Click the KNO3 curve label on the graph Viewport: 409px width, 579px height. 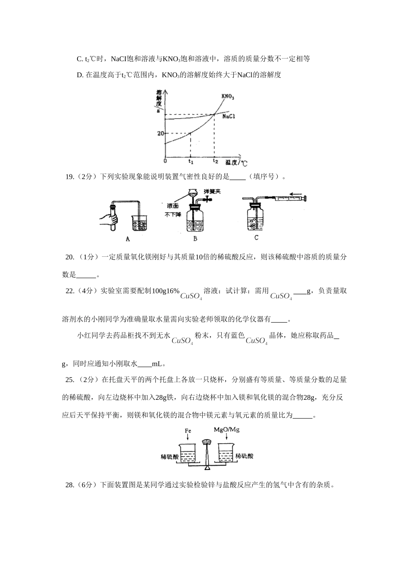[228, 96]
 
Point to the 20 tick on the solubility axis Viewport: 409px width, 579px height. [160, 134]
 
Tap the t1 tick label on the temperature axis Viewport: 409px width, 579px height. [191, 162]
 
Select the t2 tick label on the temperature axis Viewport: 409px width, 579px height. [215, 161]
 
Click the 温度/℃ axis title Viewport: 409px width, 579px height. [236, 163]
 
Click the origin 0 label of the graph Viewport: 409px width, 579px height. [165, 161]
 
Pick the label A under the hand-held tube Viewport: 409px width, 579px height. [128, 239]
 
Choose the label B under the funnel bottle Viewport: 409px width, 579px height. [195, 239]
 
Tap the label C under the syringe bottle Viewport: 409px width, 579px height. [257, 237]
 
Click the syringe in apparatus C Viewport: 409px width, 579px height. [288, 198]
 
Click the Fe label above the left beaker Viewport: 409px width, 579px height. [188, 430]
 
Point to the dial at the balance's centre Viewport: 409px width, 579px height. [207, 442]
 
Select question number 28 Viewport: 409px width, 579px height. [70, 485]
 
